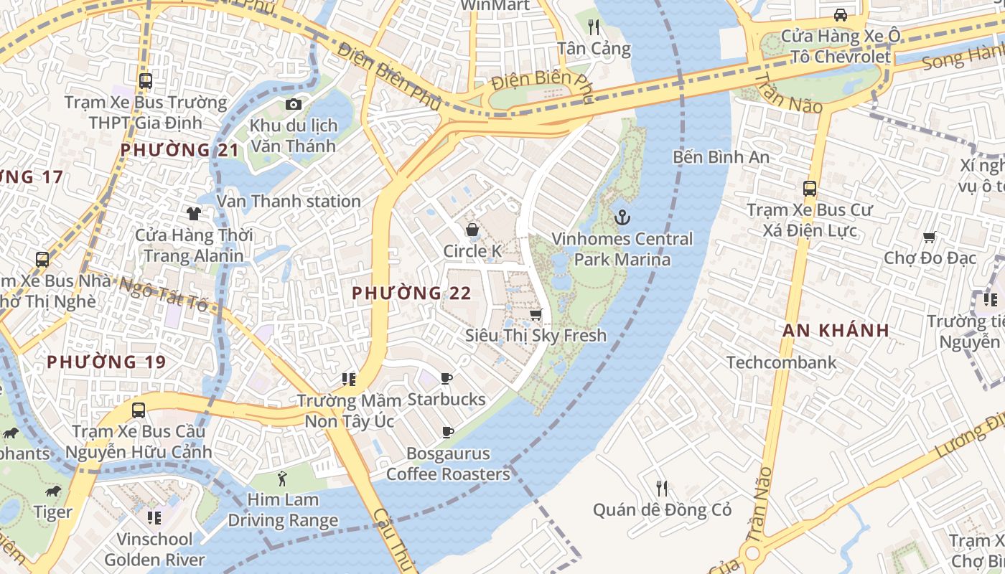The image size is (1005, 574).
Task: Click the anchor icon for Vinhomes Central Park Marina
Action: (x=622, y=217)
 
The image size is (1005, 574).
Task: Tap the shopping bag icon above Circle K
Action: (x=472, y=230)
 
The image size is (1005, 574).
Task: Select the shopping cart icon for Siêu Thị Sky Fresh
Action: (x=536, y=314)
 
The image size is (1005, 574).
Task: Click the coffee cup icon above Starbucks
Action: (x=447, y=378)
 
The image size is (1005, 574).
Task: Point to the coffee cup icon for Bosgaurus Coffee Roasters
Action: (x=448, y=432)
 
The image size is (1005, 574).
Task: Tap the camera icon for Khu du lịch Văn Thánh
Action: (x=293, y=105)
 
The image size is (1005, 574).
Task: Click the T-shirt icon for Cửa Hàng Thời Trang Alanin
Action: (x=194, y=213)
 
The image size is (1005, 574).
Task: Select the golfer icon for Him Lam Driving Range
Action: (x=282, y=478)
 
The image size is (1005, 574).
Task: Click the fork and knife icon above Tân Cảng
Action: (x=594, y=27)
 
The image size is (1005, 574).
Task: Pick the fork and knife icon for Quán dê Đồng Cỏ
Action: (x=662, y=489)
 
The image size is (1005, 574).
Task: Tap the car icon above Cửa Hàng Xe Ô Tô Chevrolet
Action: (x=840, y=14)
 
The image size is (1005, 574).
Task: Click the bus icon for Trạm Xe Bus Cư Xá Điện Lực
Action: (x=810, y=189)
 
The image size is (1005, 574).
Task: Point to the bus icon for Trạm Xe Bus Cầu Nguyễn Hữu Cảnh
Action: (x=139, y=410)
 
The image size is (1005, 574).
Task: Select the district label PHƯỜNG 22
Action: (x=411, y=293)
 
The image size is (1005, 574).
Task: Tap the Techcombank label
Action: (x=781, y=362)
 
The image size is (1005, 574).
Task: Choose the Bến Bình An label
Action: (x=721, y=156)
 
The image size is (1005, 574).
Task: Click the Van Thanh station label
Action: (x=289, y=202)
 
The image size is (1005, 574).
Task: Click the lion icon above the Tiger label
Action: (x=52, y=491)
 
